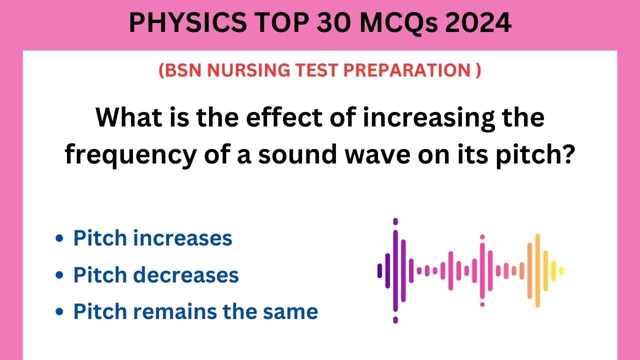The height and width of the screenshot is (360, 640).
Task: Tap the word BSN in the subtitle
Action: (184, 71)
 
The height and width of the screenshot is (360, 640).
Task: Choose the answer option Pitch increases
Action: (152, 238)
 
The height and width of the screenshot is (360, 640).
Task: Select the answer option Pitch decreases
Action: (156, 275)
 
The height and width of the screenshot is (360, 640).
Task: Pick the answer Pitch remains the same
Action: (195, 311)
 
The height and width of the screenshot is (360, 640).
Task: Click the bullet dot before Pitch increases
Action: (60, 238)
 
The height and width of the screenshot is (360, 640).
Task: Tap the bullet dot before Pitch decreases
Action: (60, 275)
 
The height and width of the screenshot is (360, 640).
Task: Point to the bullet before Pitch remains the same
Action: (60, 312)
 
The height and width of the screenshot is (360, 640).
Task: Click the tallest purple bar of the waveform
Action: (395, 270)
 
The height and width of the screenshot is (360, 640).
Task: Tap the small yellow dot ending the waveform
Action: (561, 270)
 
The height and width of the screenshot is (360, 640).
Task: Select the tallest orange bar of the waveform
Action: (537, 270)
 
